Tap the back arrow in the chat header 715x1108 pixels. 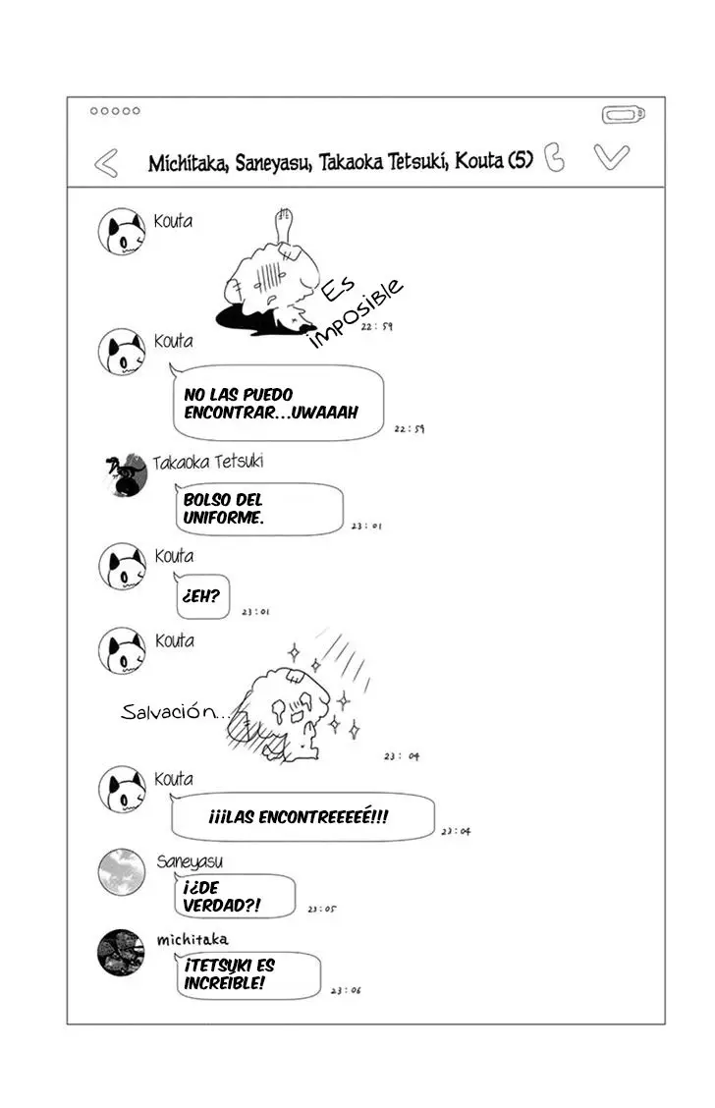[x=106, y=163]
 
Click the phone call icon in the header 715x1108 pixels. [x=555, y=157]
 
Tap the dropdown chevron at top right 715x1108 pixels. [x=611, y=157]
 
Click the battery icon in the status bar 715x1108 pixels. [x=623, y=115]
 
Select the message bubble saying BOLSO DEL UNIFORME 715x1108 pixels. [x=258, y=509]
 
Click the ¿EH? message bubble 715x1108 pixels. [x=202, y=595]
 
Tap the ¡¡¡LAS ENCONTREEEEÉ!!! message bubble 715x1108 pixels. [x=302, y=817]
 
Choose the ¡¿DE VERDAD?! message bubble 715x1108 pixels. [x=234, y=896]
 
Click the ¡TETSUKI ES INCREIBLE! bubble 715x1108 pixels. [x=247, y=975]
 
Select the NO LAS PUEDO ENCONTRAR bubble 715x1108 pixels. [x=278, y=403]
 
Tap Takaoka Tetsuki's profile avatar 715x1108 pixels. [x=125, y=474]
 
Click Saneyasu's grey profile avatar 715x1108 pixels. [x=122, y=872]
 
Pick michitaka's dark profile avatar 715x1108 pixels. [x=121, y=953]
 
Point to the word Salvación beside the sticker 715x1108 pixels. [x=171, y=711]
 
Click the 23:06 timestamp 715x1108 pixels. [x=346, y=991]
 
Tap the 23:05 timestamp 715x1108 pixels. [x=322, y=909]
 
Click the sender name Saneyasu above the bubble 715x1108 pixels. [x=190, y=861]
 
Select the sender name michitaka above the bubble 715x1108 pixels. [x=192, y=940]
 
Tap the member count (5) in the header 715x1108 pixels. [x=521, y=160]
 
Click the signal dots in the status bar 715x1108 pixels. [x=115, y=111]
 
